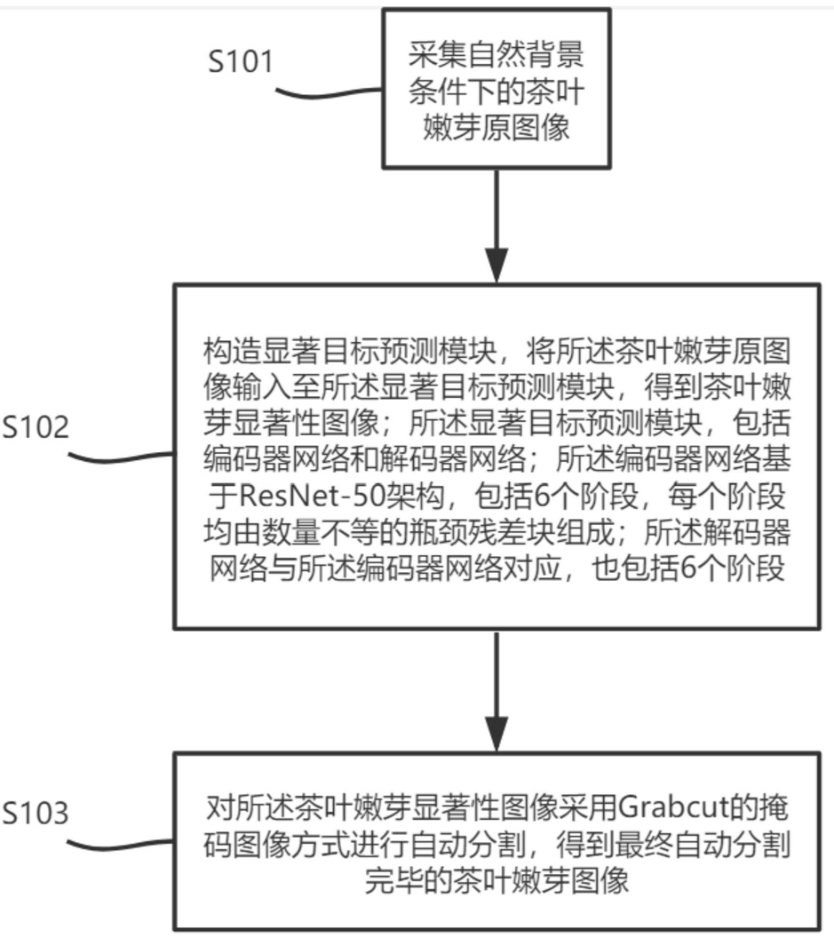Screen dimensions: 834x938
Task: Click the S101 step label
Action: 241,61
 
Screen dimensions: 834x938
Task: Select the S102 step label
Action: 36,427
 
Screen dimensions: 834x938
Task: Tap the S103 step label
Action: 36,813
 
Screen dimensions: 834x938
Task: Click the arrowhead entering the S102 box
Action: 496,265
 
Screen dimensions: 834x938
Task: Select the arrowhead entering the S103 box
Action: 496,734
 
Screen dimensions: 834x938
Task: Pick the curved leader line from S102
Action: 121,457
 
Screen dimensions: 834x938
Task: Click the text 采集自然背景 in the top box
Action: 496,55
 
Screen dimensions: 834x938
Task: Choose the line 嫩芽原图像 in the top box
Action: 496,128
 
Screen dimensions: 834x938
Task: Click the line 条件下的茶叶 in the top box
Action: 496,91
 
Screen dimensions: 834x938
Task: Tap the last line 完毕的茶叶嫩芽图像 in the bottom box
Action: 496,880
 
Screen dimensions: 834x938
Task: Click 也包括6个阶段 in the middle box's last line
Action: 688,568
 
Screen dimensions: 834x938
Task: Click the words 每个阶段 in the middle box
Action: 727,496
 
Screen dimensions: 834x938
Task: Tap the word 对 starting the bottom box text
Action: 219,808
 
